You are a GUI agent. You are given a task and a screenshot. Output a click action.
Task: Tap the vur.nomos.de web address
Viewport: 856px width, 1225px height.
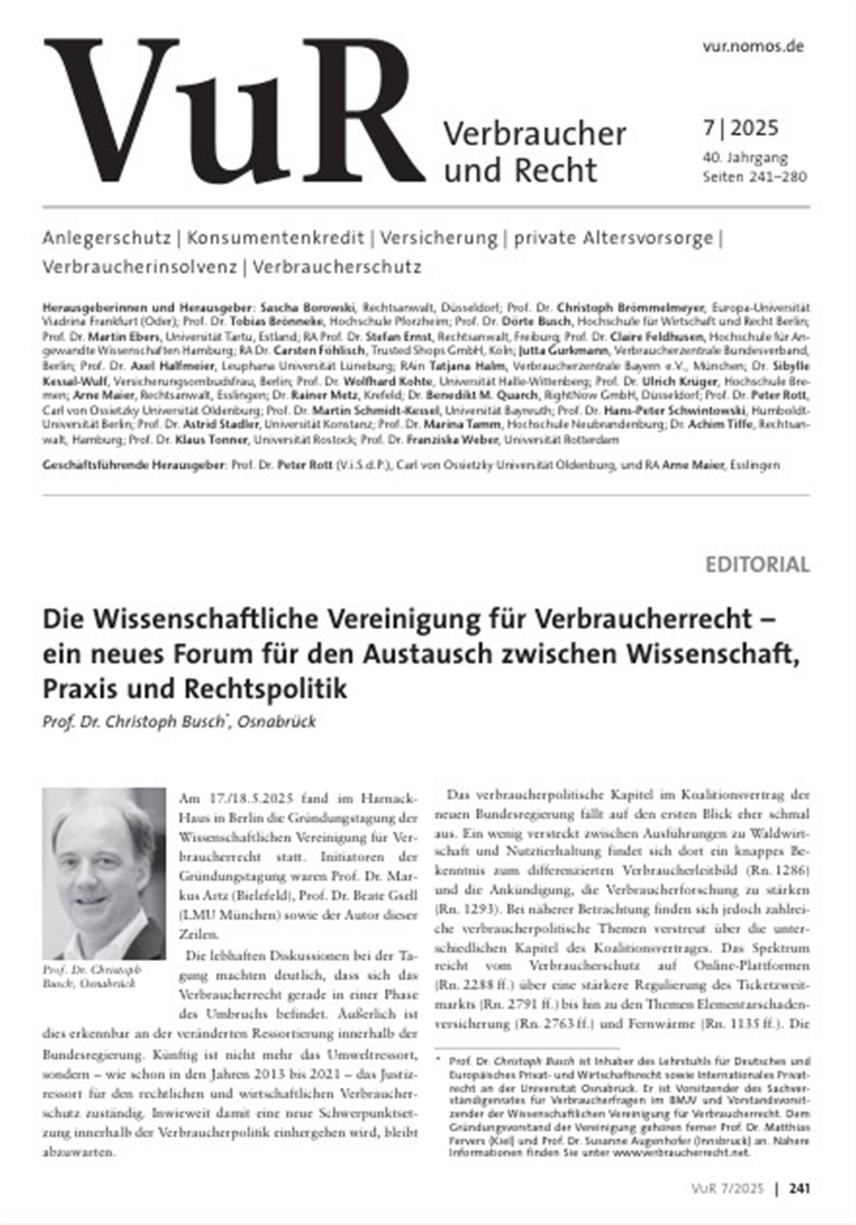753,47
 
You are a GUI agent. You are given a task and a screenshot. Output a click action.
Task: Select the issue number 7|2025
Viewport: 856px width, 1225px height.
740,128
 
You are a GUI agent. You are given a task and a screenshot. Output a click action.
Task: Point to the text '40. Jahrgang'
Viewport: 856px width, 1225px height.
745,158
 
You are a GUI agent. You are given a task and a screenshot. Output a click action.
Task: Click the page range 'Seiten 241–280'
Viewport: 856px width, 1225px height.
754,176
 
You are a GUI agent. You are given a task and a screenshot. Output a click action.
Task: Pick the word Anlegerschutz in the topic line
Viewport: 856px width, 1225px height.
106,238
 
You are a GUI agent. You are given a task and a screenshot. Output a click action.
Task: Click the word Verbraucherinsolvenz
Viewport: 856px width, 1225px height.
139,267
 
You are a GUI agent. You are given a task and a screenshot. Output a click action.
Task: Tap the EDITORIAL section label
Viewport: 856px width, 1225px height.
757,565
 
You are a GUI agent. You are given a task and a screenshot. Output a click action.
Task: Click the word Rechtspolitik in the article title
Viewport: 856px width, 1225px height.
265,689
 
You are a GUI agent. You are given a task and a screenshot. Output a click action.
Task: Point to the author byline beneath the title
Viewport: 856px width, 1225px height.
179,721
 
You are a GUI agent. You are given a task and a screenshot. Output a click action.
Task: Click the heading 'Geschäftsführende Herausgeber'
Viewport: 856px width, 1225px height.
134,465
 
